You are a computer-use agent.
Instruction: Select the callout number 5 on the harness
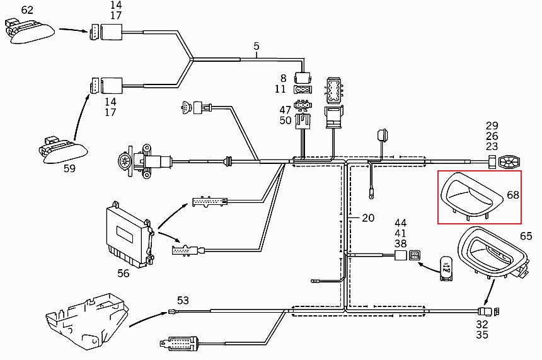(x=257, y=46)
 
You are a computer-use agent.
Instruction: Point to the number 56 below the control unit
(x=124, y=273)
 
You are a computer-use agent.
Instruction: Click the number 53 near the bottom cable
(x=183, y=299)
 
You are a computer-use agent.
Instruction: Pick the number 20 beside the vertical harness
(x=368, y=218)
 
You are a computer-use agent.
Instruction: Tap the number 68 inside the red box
(x=513, y=195)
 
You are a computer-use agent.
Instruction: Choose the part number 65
(x=526, y=236)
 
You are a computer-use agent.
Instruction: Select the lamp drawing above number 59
(x=61, y=147)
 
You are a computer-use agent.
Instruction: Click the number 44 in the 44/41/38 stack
(x=401, y=223)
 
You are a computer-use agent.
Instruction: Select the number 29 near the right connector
(x=492, y=126)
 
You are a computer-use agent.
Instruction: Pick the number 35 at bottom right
(x=482, y=335)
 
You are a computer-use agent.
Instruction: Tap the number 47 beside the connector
(x=285, y=110)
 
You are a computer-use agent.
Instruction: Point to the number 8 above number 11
(x=284, y=78)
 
